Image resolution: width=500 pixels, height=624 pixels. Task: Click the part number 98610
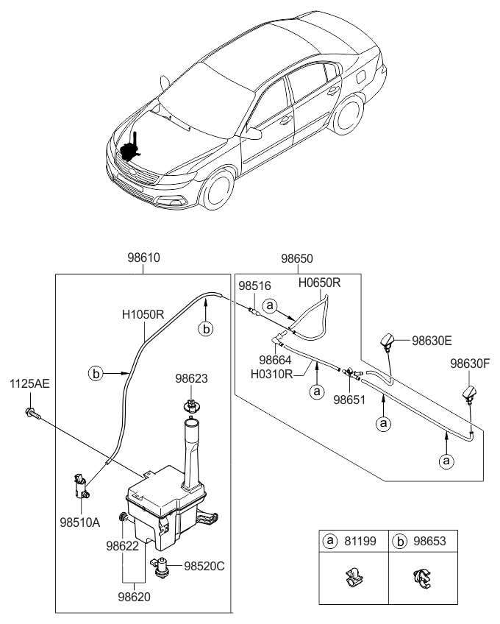(x=143, y=258)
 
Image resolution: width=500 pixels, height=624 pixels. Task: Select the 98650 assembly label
(x=296, y=260)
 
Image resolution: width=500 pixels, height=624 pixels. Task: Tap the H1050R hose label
(x=143, y=314)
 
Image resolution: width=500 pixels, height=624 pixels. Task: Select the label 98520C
(x=206, y=567)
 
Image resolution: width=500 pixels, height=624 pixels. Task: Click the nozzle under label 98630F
(x=468, y=395)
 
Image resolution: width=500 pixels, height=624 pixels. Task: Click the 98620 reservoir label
(x=132, y=597)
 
